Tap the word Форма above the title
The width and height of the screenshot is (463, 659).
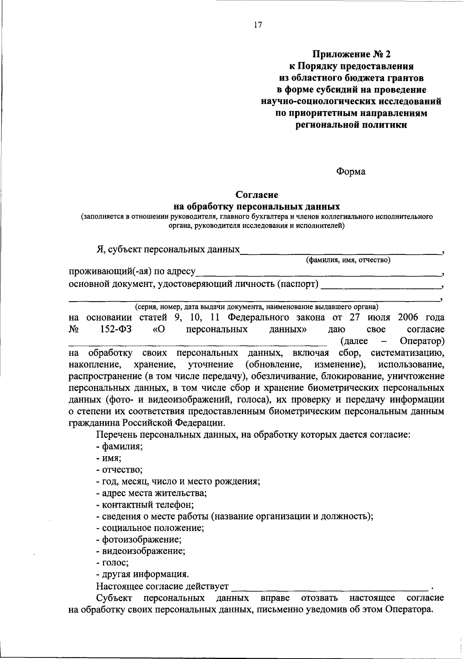click(x=350, y=172)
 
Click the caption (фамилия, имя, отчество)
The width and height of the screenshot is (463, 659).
click(x=348, y=260)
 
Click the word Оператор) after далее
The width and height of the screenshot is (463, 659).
click(x=422, y=341)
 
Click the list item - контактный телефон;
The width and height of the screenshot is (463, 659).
click(x=145, y=504)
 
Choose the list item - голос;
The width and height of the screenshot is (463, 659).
click(x=113, y=562)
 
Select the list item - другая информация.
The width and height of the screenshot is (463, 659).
click(x=143, y=574)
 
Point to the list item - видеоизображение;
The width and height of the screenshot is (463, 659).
click(x=141, y=551)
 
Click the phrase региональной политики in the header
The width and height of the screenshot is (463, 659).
click(x=351, y=125)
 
